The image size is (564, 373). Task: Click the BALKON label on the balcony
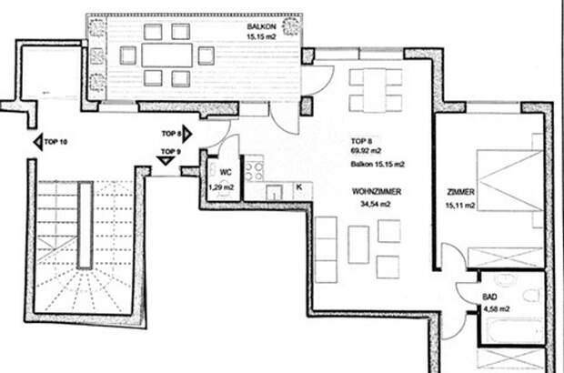(261, 26)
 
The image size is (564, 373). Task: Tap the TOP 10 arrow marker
(38, 142)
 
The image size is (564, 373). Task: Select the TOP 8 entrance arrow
(187, 134)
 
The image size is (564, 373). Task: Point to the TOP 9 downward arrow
(166, 161)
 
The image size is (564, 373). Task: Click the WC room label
(226, 173)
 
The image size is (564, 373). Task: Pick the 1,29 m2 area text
(221, 187)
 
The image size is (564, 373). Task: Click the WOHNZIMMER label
(377, 192)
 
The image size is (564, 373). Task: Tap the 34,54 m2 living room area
(376, 204)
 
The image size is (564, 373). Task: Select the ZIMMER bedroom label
(461, 193)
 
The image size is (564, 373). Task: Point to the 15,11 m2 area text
(460, 206)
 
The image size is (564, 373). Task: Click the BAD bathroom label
(489, 297)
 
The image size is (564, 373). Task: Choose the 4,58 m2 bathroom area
(497, 309)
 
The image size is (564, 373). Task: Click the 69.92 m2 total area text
(367, 151)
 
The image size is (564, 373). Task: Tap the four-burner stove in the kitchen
(254, 172)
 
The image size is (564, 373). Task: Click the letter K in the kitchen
(299, 187)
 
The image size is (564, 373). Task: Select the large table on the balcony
(166, 55)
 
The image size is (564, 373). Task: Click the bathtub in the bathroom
(514, 330)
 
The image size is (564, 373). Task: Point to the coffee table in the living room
(358, 245)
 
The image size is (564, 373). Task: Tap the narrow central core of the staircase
(86, 225)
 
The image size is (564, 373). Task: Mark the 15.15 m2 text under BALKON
(261, 36)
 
